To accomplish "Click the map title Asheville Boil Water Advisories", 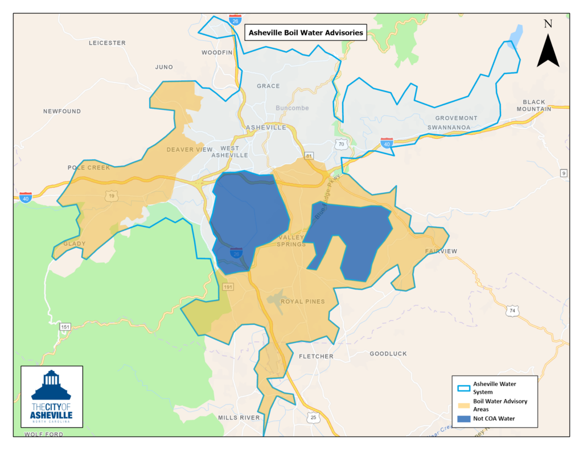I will tap(306, 33).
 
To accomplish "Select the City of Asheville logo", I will tap(51, 397).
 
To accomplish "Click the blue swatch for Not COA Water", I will tap(463, 419).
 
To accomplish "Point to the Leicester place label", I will tap(107, 43).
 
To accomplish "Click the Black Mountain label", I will tap(533, 105).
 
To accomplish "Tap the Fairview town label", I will tap(441, 251).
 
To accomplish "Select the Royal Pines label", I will tap(303, 302).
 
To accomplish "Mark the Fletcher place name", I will tap(316, 357).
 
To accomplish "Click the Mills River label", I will tap(239, 418).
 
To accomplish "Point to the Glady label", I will tap(74, 243).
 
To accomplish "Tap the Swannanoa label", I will tap(449, 127).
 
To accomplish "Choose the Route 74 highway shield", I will tap(512, 311).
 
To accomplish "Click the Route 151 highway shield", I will tap(65, 327).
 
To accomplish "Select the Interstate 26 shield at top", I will tap(235, 20).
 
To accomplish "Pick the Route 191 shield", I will tap(228, 287).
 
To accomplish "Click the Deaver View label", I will tap(189, 150).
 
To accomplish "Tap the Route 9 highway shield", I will tap(564, 173).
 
